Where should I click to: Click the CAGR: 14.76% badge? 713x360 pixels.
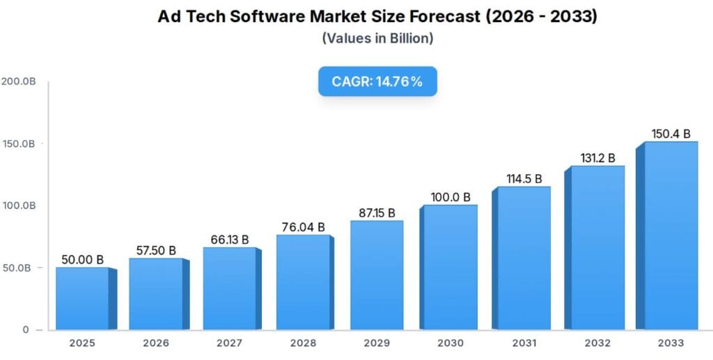coord(377,81)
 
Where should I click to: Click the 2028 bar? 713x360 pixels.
coord(302,282)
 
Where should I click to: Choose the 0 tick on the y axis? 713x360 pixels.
coord(26,329)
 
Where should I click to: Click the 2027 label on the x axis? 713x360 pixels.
coord(229,343)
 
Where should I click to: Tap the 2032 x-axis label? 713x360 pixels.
coord(597,343)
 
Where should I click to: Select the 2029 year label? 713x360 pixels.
coord(377,343)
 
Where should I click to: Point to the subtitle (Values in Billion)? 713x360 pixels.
coord(377,38)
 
